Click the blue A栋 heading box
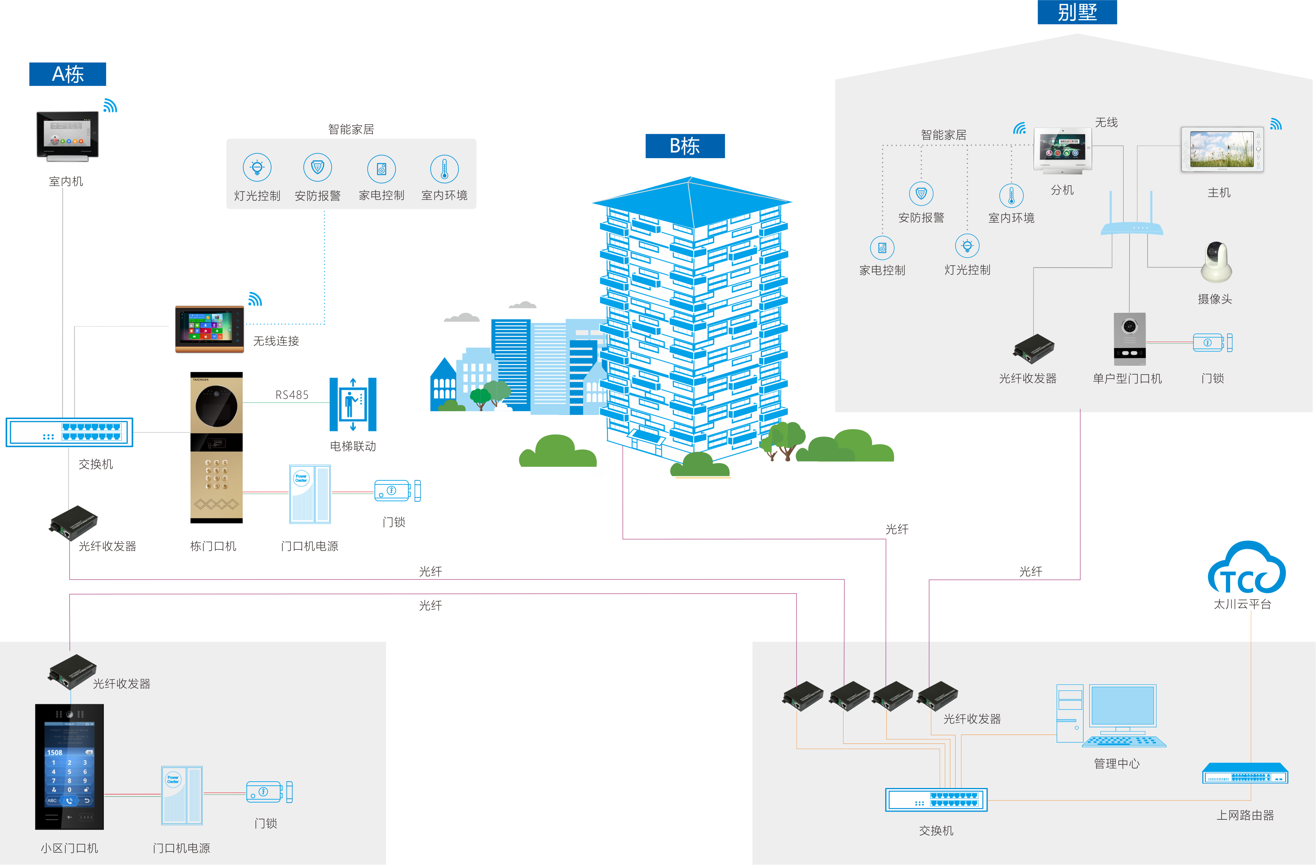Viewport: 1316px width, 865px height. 68,74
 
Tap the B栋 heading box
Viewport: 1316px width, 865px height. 685,146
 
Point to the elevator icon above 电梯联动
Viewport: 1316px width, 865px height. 353,404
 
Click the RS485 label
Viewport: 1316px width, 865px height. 292,395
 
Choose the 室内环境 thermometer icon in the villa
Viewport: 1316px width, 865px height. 1011,196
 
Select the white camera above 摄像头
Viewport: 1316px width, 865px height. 1216,262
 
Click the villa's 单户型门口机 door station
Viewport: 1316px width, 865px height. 1129,339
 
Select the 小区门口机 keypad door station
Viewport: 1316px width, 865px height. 69,766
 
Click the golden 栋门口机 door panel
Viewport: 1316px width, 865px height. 216,447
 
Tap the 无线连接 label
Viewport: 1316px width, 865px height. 276,341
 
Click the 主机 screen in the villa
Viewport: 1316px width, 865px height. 1222,150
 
